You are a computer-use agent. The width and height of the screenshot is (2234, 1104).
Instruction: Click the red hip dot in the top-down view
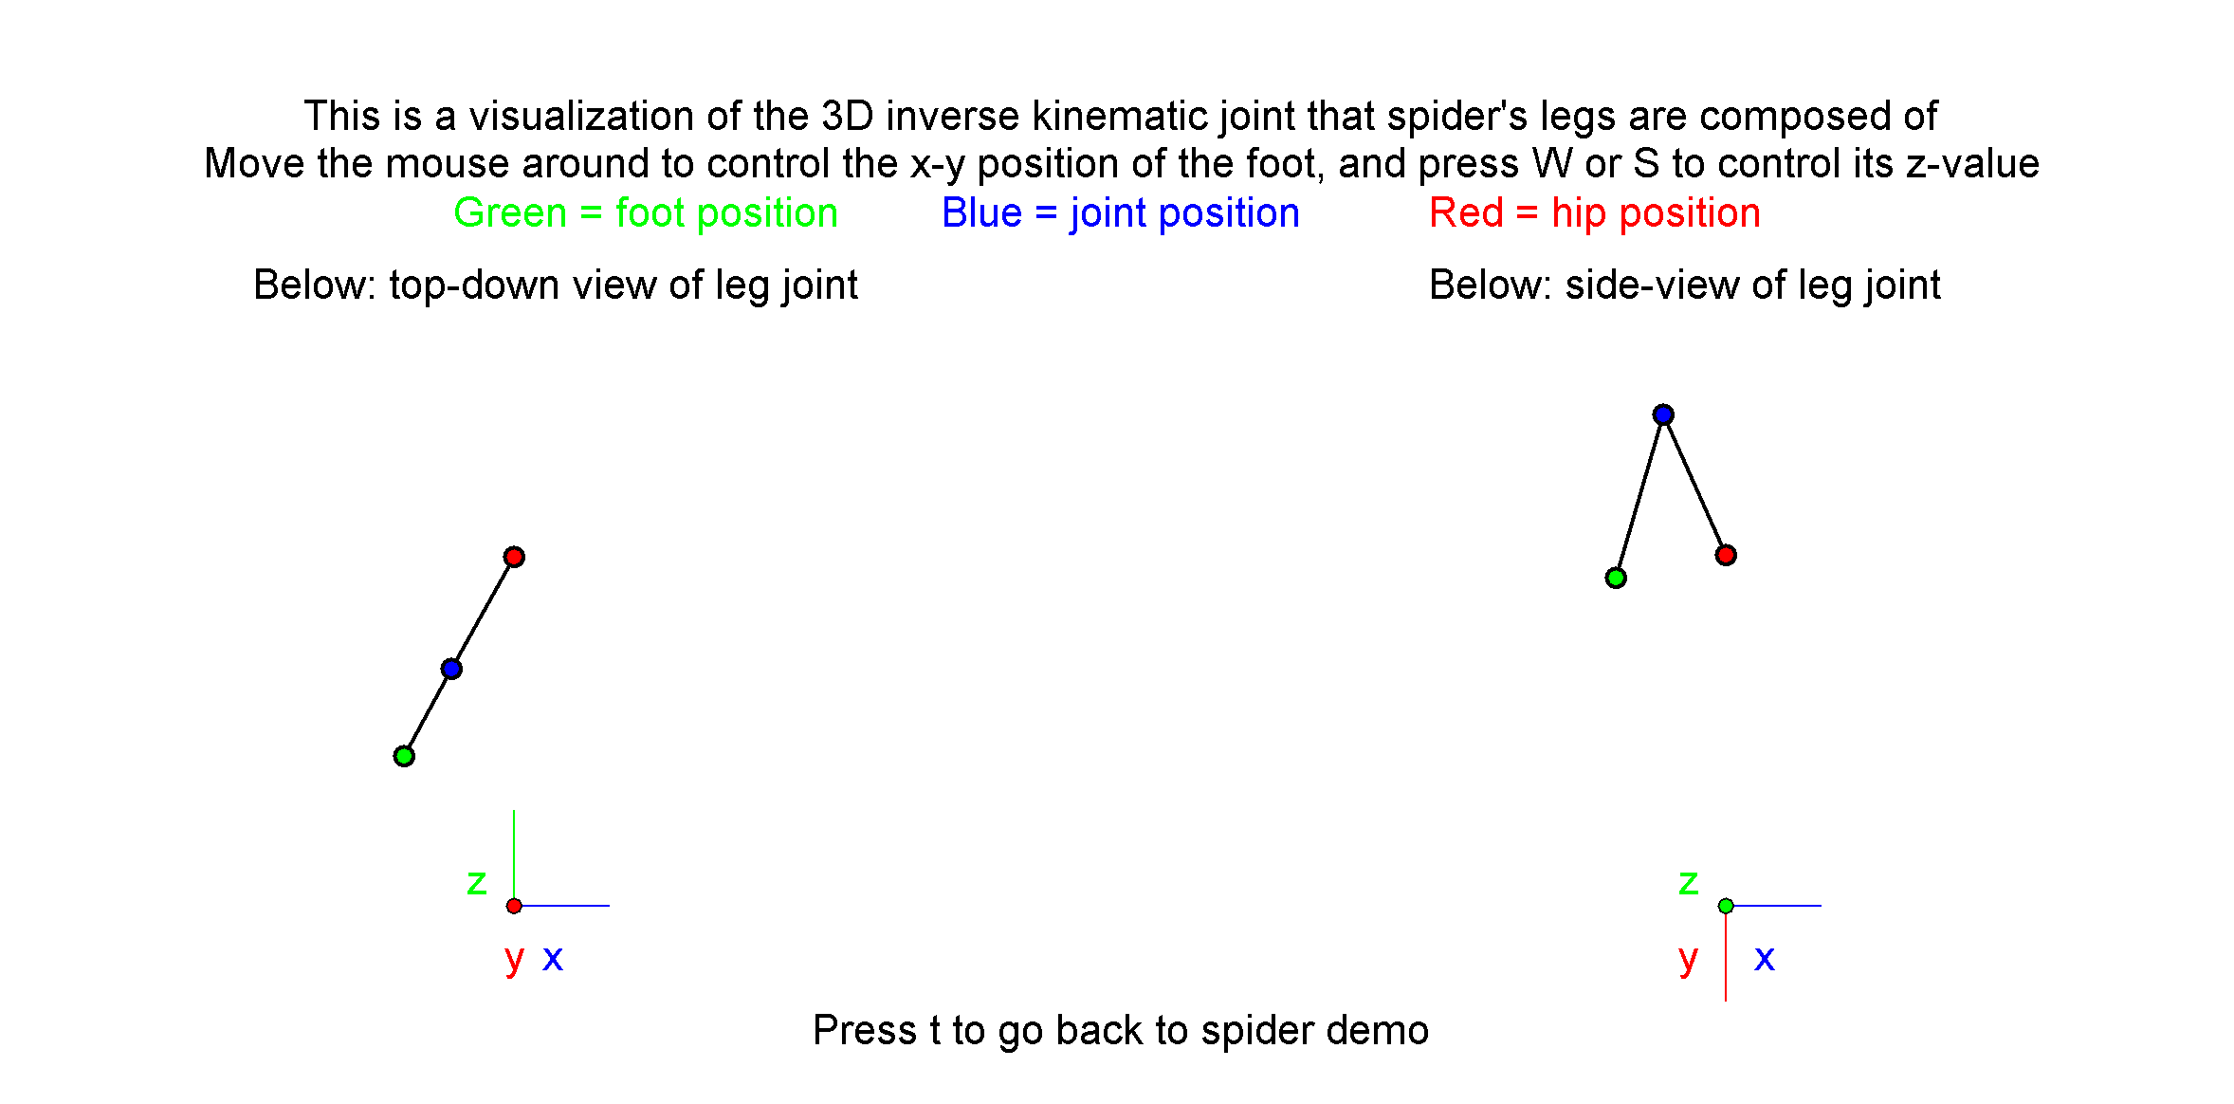tap(514, 557)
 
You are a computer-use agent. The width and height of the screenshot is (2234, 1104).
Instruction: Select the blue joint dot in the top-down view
tap(451, 670)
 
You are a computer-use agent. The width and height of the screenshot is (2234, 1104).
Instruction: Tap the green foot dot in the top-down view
tap(404, 756)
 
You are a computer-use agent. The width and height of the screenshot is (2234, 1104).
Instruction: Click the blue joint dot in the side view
tap(1663, 414)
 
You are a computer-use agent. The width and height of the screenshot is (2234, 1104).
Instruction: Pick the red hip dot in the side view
tap(1726, 555)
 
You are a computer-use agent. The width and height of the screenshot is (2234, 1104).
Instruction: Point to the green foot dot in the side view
tap(1616, 578)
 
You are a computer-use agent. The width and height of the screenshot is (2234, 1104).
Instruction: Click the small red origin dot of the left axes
tap(514, 906)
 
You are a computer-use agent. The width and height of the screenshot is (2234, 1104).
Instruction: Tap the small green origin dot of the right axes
tap(1726, 906)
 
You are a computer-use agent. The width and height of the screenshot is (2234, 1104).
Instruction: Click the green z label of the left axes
tap(477, 883)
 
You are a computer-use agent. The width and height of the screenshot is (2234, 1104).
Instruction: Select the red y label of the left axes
tap(515, 960)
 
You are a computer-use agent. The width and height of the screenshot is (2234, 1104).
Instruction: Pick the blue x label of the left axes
tap(553, 958)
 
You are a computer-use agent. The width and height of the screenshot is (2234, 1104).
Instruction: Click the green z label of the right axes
tap(1689, 883)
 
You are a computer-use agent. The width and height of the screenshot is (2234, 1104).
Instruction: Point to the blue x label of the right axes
tap(1765, 958)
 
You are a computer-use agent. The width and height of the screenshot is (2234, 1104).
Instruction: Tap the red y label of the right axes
tap(1688, 960)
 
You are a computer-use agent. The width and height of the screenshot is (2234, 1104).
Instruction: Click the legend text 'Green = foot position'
tap(646, 213)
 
